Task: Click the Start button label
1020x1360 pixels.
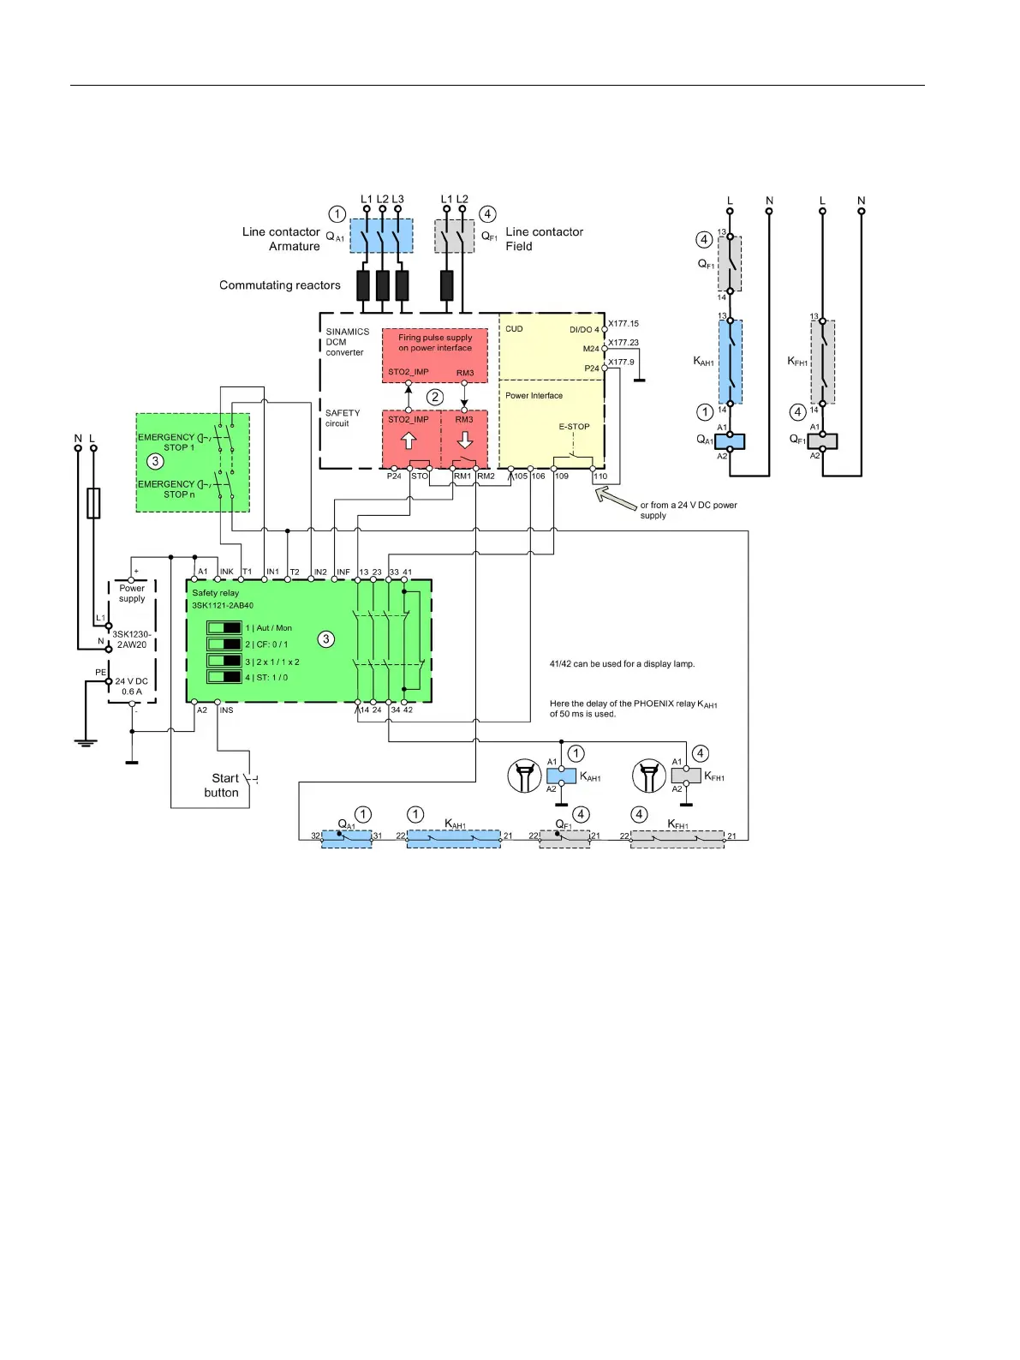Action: click(x=222, y=785)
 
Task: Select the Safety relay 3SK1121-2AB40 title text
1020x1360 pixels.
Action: click(x=222, y=599)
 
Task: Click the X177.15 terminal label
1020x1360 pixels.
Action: click(x=623, y=324)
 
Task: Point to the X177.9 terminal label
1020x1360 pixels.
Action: click(x=622, y=362)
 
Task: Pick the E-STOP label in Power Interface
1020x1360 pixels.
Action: click(x=574, y=427)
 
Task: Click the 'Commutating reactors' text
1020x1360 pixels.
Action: click(x=279, y=285)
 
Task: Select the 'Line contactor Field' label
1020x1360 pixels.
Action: click(x=544, y=239)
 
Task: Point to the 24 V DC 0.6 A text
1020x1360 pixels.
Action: click(x=132, y=686)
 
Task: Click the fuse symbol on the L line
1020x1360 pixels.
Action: click(x=93, y=503)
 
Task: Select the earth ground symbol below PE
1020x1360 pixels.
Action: click(x=85, y=741)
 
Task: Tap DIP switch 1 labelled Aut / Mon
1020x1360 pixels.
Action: click(x=224, y=628)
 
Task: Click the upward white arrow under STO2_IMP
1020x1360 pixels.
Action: click(x=409, y=440)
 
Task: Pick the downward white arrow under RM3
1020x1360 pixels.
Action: click(x=465, y=440)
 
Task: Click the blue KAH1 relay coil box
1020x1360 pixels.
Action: click(x=561, y=776)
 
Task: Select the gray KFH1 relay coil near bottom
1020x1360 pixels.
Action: click(x=686, y=776)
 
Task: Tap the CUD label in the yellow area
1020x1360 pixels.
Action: click(x=514, y=329)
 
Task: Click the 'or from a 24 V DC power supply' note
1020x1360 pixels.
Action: click(x=689, y=510)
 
